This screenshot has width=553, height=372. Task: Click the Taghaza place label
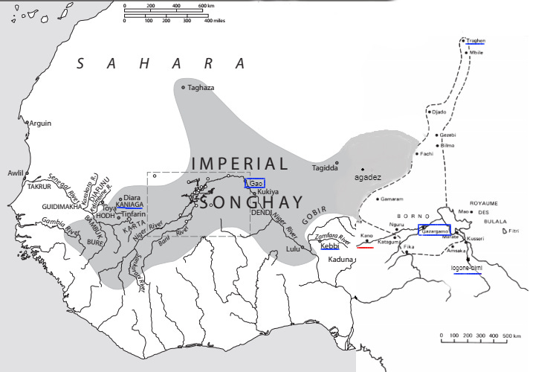(201, 88)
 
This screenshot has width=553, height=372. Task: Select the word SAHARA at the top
(161, 64)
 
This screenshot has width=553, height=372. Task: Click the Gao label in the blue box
(256, 183)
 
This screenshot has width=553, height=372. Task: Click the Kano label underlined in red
(366, 236)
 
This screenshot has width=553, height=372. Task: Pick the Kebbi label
(330, 246)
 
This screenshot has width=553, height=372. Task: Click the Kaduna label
(339, 259)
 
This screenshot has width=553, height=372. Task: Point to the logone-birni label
(466, 267)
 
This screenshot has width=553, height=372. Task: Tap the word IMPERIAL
(239, 164)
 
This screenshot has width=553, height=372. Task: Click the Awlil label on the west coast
(16, 173)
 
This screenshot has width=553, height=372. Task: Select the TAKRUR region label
(39, 187)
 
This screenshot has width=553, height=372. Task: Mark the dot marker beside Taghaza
(183, 87)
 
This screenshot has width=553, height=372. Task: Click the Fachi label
(426, 154)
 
